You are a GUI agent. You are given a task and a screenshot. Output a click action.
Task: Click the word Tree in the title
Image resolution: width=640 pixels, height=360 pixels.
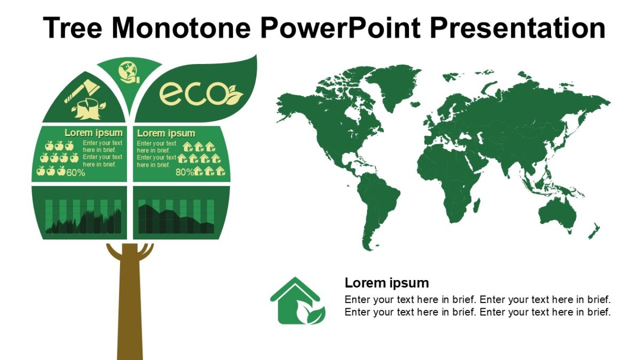coord(73,28)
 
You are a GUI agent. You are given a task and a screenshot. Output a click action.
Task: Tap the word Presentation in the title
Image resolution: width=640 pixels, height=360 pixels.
coord(517,28)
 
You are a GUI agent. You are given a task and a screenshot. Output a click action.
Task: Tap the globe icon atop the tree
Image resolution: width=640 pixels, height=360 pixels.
coord(129,72)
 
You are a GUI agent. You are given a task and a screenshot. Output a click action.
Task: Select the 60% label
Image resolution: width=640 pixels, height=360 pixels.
coord(76,173)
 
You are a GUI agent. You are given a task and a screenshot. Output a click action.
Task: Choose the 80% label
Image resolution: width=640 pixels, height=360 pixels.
coord(185,172)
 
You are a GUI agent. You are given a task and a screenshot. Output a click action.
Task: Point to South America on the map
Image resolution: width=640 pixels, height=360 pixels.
coord(378,208)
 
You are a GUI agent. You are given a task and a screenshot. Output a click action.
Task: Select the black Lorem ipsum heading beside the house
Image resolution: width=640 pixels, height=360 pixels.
coord(387,283)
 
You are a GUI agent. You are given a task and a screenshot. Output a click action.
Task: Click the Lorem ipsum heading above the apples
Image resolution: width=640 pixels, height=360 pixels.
coord(93,133)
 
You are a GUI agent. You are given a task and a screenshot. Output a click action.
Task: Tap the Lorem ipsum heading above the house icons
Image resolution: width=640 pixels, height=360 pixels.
coord(166,133)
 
